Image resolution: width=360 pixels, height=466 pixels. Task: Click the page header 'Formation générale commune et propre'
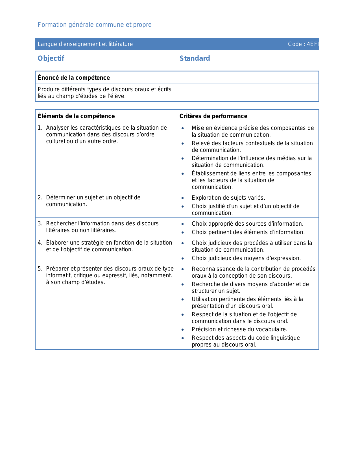(x=95, y=25)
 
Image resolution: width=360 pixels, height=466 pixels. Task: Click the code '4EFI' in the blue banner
(x=313, y=44)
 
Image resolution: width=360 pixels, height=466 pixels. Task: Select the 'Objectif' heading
(x=51, y=58)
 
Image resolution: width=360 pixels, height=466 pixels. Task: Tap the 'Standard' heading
(x=195, y=58)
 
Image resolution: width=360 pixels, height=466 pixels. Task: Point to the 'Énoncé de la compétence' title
(x=74, y=78)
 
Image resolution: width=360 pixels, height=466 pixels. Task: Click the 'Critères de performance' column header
(x=213, y=116)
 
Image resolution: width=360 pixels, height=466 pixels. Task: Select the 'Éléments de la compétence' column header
(x=76, y=116)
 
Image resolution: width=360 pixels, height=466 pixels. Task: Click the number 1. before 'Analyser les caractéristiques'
(x=40, y=128)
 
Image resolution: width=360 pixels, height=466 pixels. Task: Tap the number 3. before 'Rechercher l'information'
(x=40, y=224)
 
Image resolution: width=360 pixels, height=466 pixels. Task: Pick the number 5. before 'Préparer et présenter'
(x=40, y=269)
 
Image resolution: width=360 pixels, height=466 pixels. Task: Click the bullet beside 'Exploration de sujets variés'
(x=183, y=198)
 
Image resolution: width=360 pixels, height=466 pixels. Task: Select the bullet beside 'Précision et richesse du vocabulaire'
(x=183, y=330)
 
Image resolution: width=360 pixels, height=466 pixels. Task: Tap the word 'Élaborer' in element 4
(x=57, y=243)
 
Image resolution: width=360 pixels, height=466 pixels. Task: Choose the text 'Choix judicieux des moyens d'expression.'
(x=246, y=258)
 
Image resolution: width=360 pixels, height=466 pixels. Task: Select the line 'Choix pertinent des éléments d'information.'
(x=248, y=232)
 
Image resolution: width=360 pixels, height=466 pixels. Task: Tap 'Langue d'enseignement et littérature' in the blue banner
(x=85, y=44)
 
